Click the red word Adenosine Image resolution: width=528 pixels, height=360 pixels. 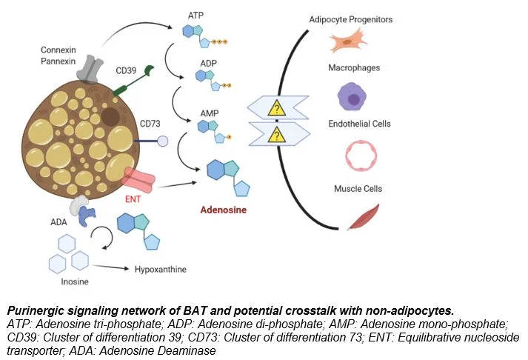[224, 209]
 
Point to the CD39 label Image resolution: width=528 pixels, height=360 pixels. [126, 72]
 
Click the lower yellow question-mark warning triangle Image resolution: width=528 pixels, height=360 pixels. [277, 136]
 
